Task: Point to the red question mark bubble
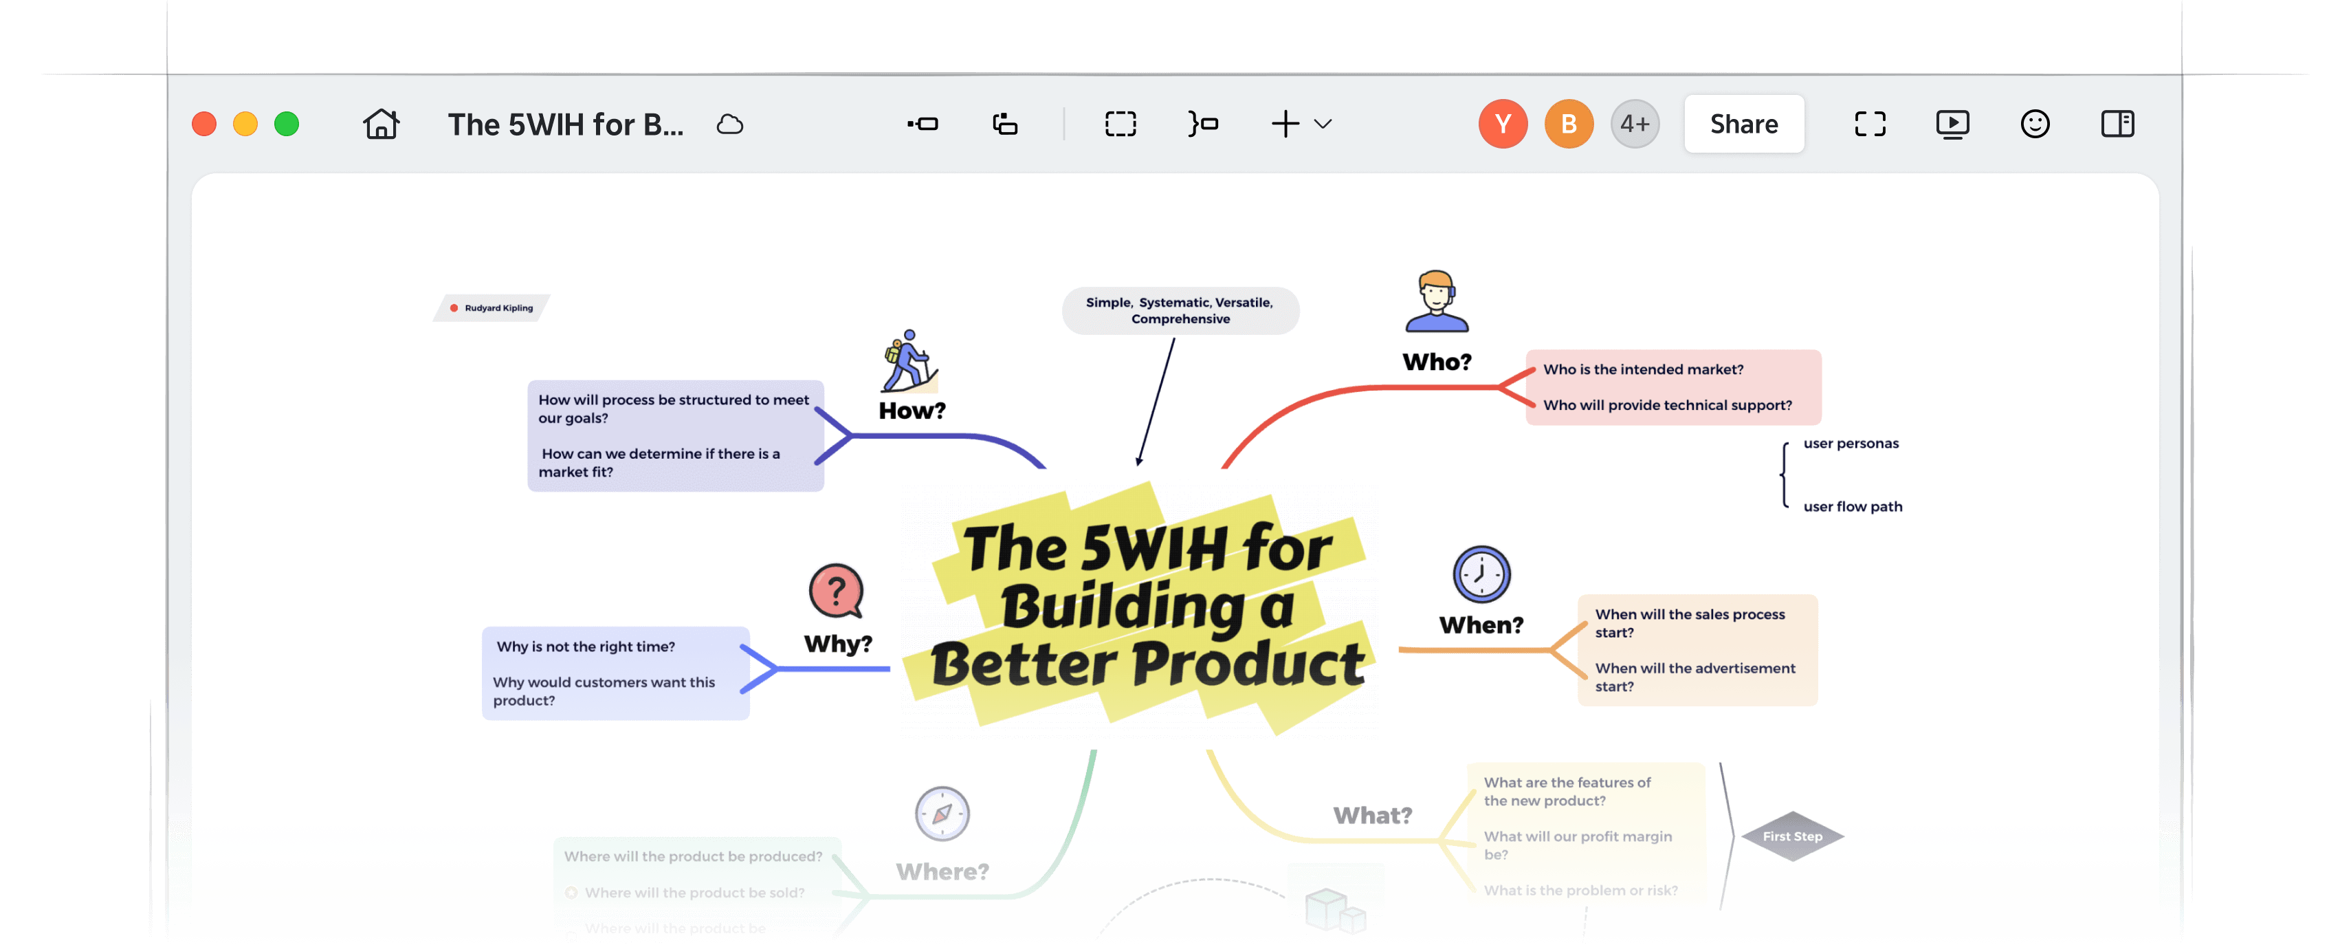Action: coord(836,591)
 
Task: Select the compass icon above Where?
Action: coord(942,814)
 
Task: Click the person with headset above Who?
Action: coord(1437,301)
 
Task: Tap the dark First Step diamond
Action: coord(1792,836)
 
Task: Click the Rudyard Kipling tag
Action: coord(493,307)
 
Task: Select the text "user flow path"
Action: coord(1853,507)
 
